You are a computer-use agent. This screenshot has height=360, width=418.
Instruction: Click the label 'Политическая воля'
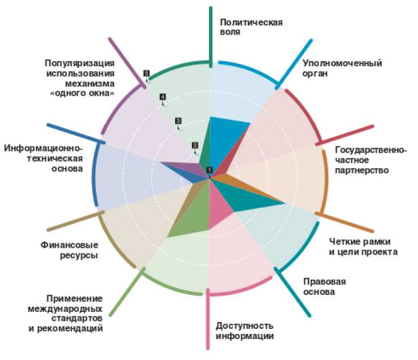tap(251, 27)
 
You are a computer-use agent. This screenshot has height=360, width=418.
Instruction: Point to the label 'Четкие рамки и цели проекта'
tap(363, 247)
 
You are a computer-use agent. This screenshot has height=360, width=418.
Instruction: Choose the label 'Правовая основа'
tap(324, 287)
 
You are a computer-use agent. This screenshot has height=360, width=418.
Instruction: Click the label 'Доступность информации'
tap(245, 331)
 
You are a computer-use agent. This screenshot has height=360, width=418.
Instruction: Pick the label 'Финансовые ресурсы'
tap(69, 250)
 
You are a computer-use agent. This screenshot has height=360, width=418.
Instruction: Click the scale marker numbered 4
tap(163, 97)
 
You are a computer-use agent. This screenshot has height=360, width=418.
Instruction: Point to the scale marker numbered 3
tap(178, 121)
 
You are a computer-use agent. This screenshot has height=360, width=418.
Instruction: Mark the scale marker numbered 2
tap(195, 145)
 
